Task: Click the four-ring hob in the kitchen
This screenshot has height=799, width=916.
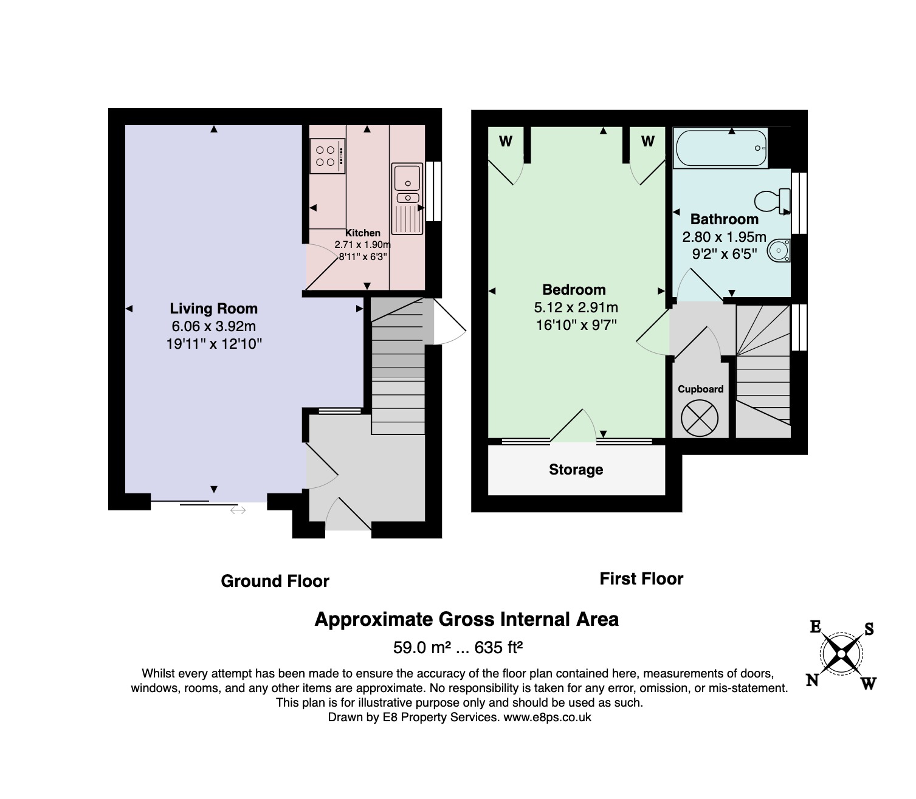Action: (327, 156)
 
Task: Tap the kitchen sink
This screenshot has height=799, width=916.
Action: (407, 199)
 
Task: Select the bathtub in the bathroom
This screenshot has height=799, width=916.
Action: (721, 148)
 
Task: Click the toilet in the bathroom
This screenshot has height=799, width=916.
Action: (773, 201)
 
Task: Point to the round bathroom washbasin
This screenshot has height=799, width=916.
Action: (779, 250)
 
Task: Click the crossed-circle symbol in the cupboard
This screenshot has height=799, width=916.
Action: (700, 418)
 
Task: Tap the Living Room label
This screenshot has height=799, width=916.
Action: (213, 309)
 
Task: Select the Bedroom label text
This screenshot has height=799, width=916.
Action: (574, 290)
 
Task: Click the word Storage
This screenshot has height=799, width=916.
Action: (576, 470)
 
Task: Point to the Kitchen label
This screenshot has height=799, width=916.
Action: (363, 233)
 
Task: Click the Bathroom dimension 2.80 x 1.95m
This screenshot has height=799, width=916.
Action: (724, 236)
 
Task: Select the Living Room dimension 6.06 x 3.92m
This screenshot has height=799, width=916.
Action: (213, 326)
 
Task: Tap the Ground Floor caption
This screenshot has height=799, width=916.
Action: (275, 581)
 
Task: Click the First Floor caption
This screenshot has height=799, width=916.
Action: (641, 579)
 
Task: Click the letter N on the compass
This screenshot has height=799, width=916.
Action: (812, 681)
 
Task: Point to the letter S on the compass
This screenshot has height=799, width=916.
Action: (869, 629)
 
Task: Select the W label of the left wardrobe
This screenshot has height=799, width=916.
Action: (506, 142)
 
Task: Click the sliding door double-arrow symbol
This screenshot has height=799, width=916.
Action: (238, 510)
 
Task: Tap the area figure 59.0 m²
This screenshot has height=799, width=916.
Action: (422, 647)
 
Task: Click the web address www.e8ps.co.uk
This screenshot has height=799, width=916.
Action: (547, 717)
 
